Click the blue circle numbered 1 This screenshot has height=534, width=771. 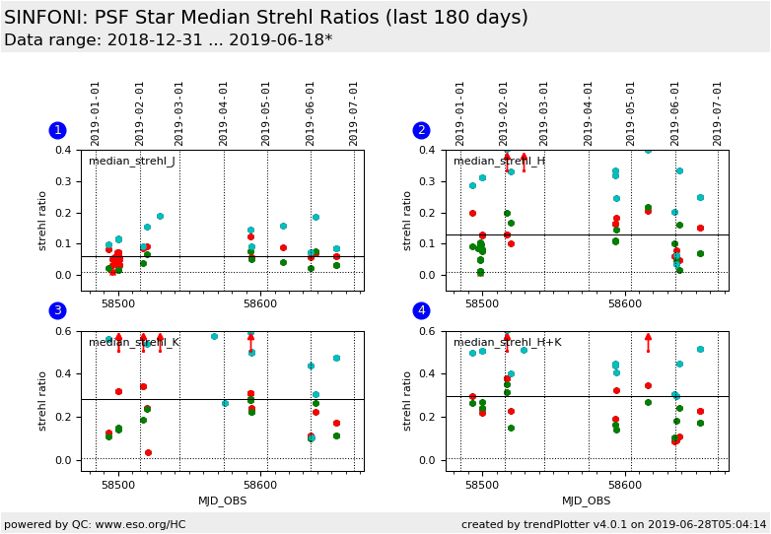[x=57, y=130]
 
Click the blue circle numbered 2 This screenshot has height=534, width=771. [x=421, y=130]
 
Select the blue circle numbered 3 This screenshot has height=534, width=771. [x=57, y=310]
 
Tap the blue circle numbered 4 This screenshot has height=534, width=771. [x=421, y=310]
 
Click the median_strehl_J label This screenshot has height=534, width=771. [x=132, y=162]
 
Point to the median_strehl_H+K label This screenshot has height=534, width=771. [x=507, y=343]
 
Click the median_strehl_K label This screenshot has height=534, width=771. [x=134, y=343]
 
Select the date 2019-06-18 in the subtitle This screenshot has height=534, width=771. [x=284, y=40]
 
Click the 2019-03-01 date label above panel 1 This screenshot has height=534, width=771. [x=180, y=113]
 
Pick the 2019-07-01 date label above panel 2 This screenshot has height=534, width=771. [x=718, y=113]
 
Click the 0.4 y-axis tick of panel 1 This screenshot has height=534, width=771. [x=64, y=151]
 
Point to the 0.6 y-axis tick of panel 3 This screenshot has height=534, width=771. [x=64, y=331]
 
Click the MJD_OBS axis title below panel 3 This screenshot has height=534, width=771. [x=223, y=501]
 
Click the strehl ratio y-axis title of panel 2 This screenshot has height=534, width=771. [x=408, y=221]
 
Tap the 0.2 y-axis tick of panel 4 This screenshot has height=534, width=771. [x=429, y=417]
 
